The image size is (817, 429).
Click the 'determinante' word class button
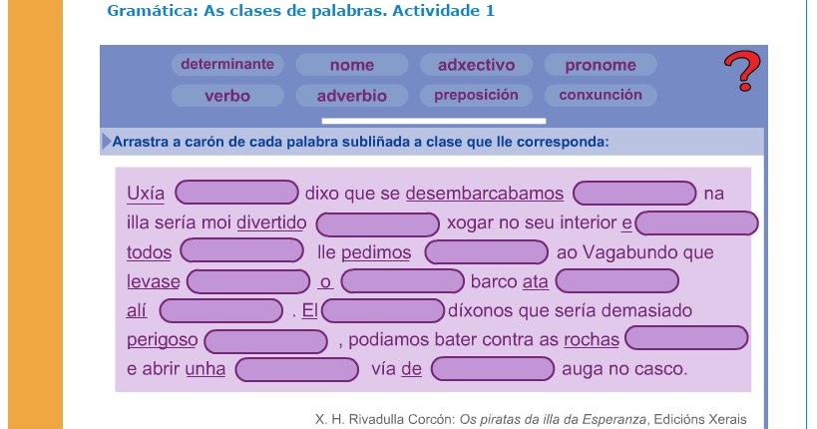click(227, 65)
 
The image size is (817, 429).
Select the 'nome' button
click(352, 65)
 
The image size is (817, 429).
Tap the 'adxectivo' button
click(476, 65)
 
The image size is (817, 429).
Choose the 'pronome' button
click(600, 65)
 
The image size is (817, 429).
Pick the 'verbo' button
click(227, 96)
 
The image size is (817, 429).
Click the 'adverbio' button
click(351, 96)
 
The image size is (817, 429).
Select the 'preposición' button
click(476, 96)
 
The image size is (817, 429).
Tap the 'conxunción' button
click(600, 96)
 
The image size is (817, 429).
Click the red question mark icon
click(741, 73)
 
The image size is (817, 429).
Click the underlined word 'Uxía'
click(147, 193)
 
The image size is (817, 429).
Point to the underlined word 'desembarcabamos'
click(484, 193)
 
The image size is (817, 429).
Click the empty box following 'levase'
click(249, 282)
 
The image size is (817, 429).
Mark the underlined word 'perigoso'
click(163, 340)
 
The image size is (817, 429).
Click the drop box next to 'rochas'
click(686, 339)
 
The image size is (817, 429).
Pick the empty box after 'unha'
click(296, 369)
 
